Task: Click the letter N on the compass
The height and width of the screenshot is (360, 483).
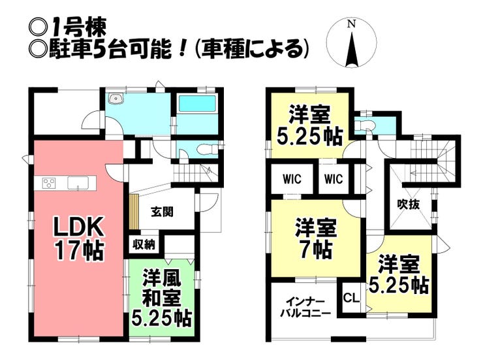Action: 351,24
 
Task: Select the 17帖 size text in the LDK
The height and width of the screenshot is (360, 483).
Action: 79,250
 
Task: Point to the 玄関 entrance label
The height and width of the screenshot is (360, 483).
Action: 162,212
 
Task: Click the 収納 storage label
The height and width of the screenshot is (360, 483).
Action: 144,245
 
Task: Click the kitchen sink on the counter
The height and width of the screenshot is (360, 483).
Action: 78,183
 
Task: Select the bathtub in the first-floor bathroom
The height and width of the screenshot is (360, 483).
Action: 197,104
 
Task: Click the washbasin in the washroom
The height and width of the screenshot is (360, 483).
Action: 116,99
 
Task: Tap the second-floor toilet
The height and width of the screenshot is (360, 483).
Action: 364,125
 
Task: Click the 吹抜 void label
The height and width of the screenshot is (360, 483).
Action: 409,204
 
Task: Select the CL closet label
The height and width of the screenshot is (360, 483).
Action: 351,298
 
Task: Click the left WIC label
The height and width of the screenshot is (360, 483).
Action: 292,179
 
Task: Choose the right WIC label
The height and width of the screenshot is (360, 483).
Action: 334,179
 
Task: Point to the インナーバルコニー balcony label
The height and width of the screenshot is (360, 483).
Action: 305,308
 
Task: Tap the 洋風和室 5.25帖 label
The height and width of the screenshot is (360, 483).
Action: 161,299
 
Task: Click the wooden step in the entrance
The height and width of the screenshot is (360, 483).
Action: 134,212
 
